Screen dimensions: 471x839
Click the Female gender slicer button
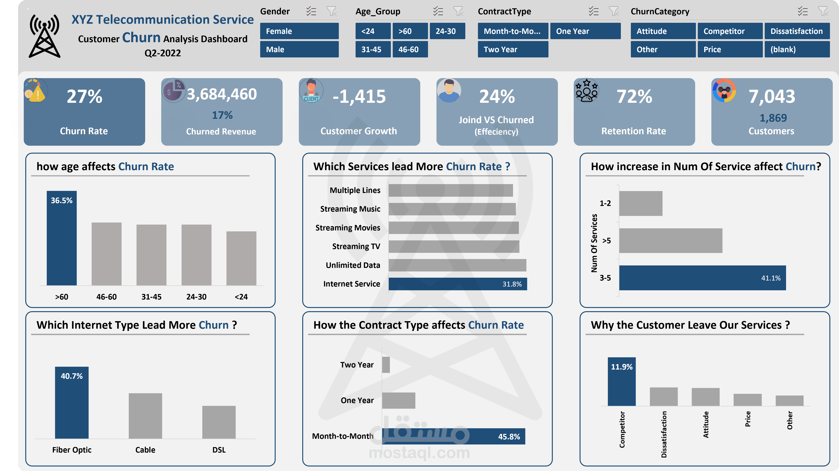[x=299, y=31]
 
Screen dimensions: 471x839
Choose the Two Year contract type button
[x=513, y=50]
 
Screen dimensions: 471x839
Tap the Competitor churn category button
[x=730, y=31]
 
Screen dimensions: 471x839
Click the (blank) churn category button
[x=797, y=50]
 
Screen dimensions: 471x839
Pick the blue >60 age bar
[x=61, y=238]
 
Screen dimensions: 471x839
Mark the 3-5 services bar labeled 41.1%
[x=702, y=278]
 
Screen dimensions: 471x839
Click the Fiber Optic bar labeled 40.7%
[x=72, y=403]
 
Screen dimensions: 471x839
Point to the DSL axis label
[x=219, y=450]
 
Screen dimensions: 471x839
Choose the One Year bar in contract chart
[x=398, y=400]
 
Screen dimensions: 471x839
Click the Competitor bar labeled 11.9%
[x=621, y=382]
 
